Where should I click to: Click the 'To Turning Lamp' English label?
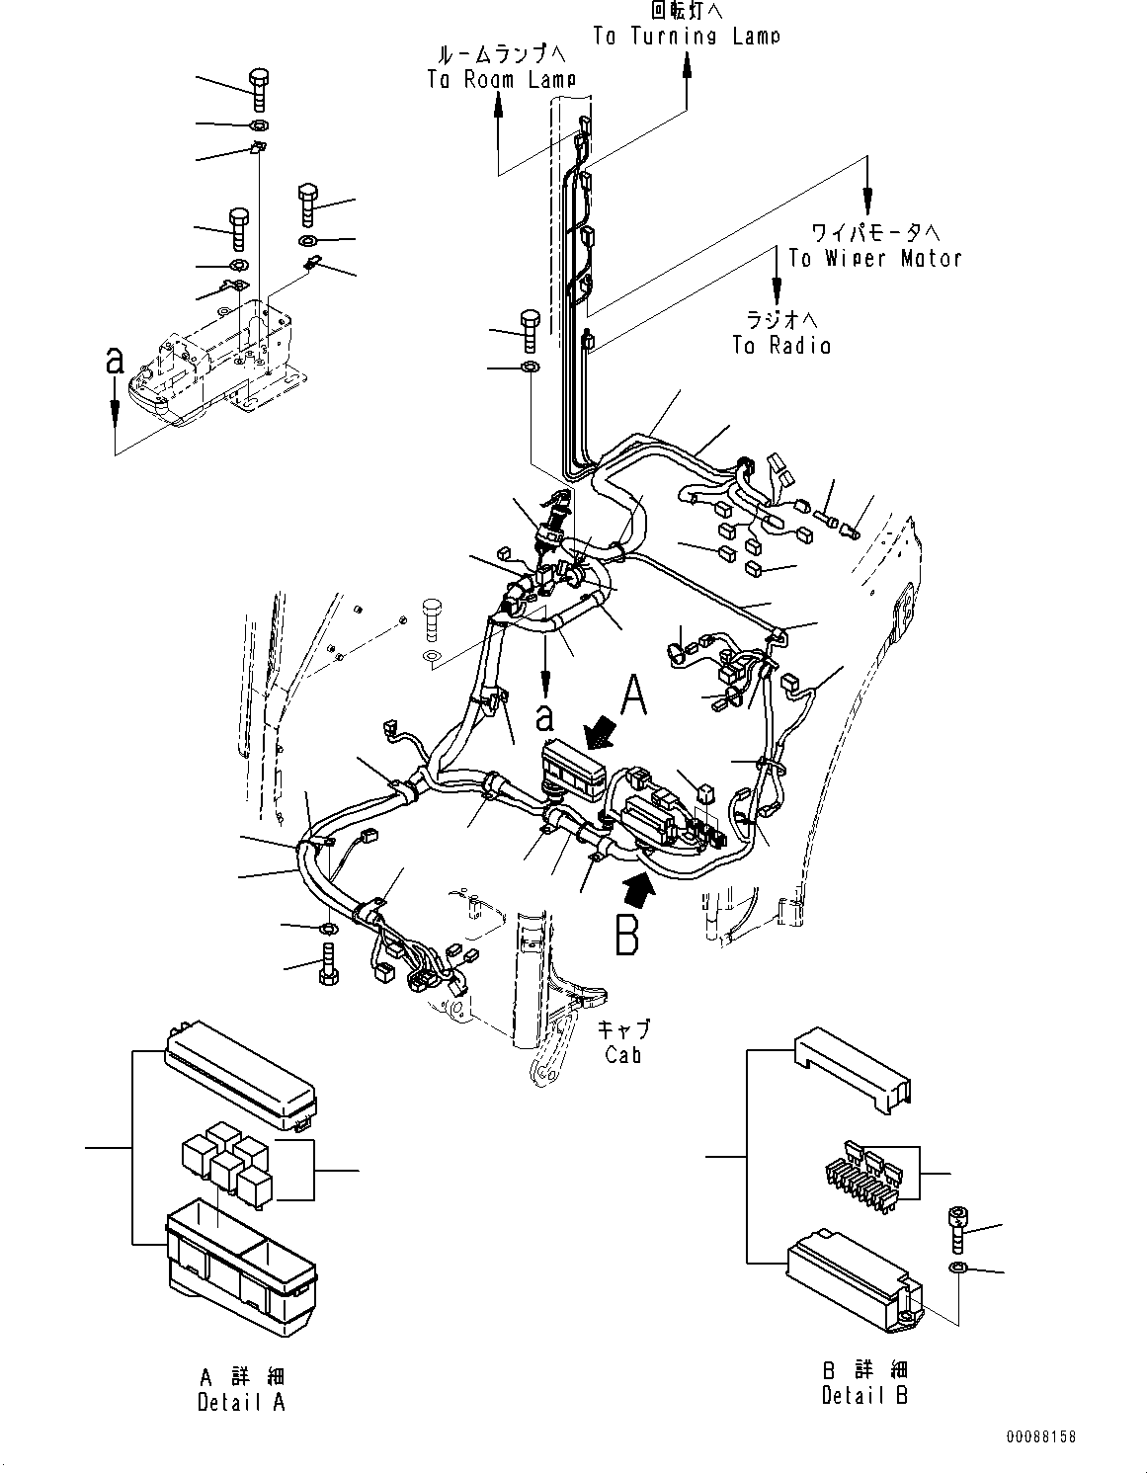coord(686,36)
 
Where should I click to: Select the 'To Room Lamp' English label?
coord(501,80)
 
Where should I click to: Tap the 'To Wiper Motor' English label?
coord(874,259)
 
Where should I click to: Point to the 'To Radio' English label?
coord(780,345)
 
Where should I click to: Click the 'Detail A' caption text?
coord(240,1402)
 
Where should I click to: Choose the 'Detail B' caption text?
coord(864,1394)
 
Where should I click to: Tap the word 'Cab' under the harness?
coord(623,1054)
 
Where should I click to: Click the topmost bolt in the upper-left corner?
coord(259,90)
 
